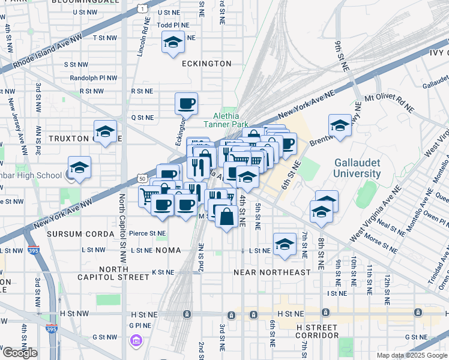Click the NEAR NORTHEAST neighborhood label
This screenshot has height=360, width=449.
point(272,272)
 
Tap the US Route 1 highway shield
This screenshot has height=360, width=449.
point(142,8)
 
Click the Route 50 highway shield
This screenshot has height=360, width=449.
point(142,178)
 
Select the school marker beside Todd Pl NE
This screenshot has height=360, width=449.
point(172,43)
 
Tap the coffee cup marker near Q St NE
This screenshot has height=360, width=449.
point(186,104)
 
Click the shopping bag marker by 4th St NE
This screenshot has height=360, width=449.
point(226,217)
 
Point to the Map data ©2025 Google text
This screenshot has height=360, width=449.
point(412,355)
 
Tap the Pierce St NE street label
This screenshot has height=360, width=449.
point(149,233)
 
